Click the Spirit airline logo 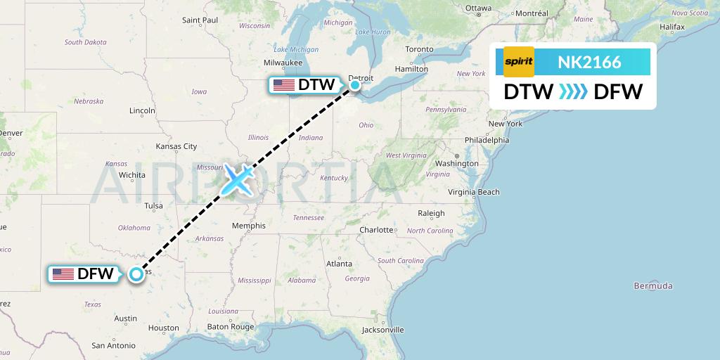tap(519, 62)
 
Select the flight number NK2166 tap(589, 63)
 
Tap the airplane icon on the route tap(238, 180)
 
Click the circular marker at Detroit tap(355, 85)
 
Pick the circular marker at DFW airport tap(136, 274)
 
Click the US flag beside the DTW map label tap(284, 85)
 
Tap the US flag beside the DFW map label tap(63, 274)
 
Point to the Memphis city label tap(249, 226)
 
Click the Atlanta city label tap(340, 264)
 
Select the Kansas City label tap(176, 146)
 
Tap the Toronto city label tap(419, 49)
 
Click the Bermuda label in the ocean tap(653, 285)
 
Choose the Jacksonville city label tap(384, 329)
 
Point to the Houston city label tap(164, 328)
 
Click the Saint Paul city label tap(200, 20)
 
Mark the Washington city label tap(456, 163)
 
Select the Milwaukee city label tap(283, 63)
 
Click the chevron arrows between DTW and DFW tap(573, 91)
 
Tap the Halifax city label tap(672, 27)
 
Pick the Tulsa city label tap(153, 206)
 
